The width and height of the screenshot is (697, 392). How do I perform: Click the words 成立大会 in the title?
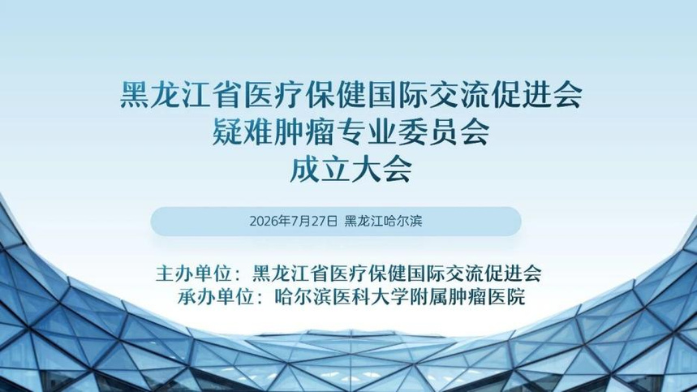[351, 169]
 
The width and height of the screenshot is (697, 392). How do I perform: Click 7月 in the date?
[300, 221]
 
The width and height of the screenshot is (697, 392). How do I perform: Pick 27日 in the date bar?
[325, 221]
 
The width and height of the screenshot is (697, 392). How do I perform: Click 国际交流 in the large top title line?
[428, 94]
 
